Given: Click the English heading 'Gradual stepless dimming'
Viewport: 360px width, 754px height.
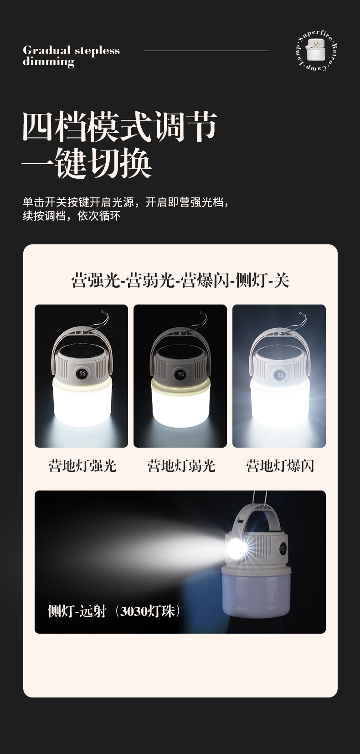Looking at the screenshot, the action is (72, 56).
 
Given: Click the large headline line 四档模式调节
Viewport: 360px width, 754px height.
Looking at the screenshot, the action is (120, 127).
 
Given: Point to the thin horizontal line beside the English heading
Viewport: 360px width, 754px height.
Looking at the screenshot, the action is (206, 51).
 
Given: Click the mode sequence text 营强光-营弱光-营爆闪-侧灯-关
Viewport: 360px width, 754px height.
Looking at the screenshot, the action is (180, 280).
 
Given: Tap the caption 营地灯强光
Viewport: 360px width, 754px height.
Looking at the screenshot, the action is (82, 466).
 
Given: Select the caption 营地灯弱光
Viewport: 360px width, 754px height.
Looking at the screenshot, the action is (181, 466).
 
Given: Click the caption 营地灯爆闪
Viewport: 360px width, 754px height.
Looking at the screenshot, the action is (280, 466).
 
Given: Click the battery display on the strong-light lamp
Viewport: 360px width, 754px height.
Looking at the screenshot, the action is (81, 374).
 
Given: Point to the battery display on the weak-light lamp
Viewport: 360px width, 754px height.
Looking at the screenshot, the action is (180, 374).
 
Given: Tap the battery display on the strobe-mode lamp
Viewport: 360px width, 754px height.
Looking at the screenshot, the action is (280, 374).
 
